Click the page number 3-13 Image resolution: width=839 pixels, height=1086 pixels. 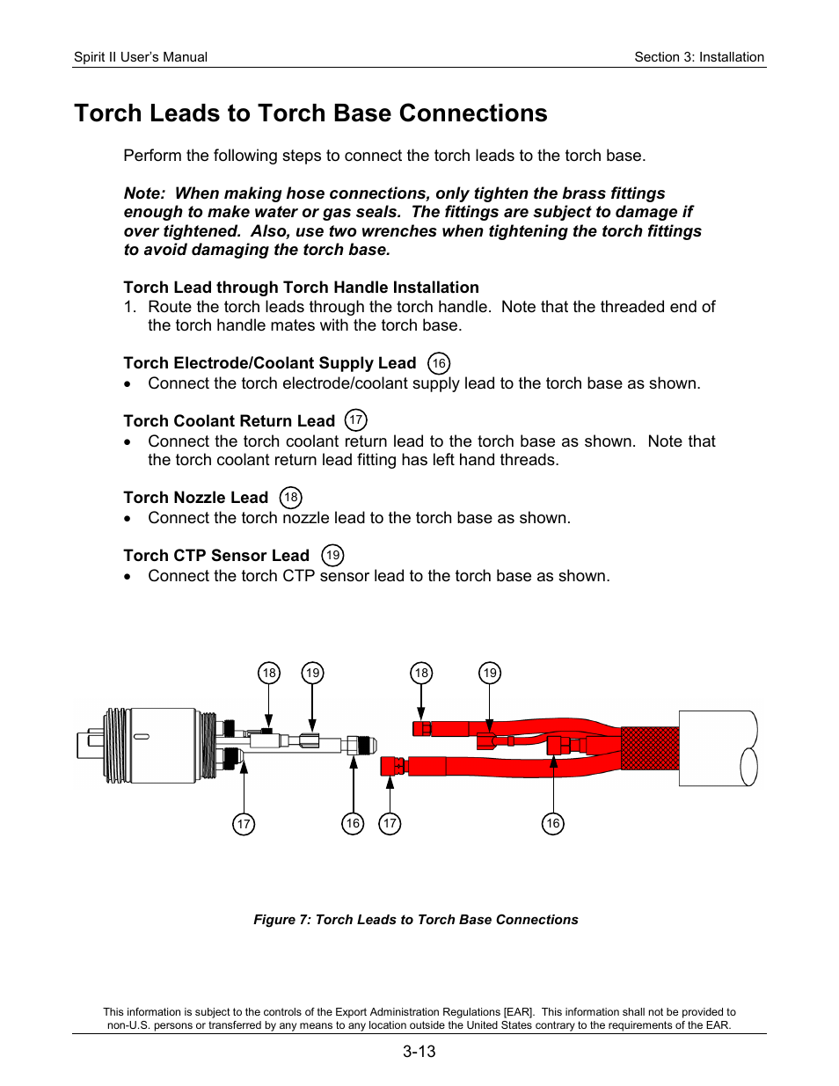tap(419, 1052)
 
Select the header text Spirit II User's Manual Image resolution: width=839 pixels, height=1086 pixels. tap(141, 57)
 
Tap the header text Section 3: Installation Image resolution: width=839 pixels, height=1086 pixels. tap(699, 57)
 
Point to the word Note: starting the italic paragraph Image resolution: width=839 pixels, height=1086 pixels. tap(144, 193)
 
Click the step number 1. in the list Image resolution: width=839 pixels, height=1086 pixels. tap(130, 307)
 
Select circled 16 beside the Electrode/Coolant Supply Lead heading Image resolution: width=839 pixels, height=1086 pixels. tap(439, 363)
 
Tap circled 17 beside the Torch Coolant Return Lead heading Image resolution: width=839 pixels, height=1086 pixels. tap(355, 420)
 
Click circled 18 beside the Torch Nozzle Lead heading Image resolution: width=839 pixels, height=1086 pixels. tap(290, 498)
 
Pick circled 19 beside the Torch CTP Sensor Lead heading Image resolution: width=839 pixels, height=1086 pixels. tap(332, 556)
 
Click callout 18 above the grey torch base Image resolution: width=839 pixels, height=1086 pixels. tap(269, 674)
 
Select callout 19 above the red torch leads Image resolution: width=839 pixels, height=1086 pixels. tap(490, 674)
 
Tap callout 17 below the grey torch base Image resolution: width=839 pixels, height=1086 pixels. tap(244, 824)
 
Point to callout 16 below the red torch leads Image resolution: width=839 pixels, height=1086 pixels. tap(552, 824)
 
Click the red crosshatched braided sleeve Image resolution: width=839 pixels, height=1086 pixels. tap(650, 748)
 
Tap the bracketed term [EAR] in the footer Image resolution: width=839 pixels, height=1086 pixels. tap(518, 1012)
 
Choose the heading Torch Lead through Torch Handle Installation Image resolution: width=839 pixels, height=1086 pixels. tap(301, 288)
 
